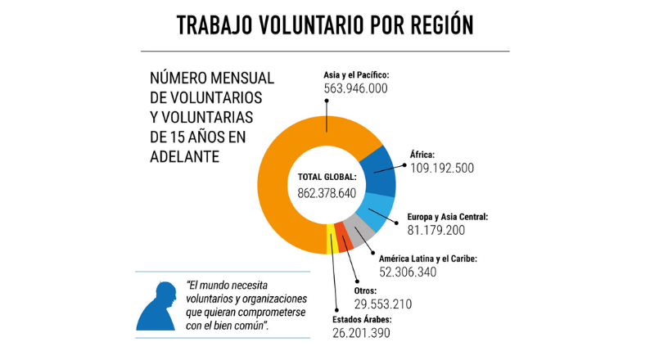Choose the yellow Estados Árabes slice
tap(332, 241)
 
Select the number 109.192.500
tap(442, 168)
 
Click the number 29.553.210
tap(382, 304)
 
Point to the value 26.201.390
tap(361, 333)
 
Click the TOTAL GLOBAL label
tap(327, 176)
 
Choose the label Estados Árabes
tap(362, 319)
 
